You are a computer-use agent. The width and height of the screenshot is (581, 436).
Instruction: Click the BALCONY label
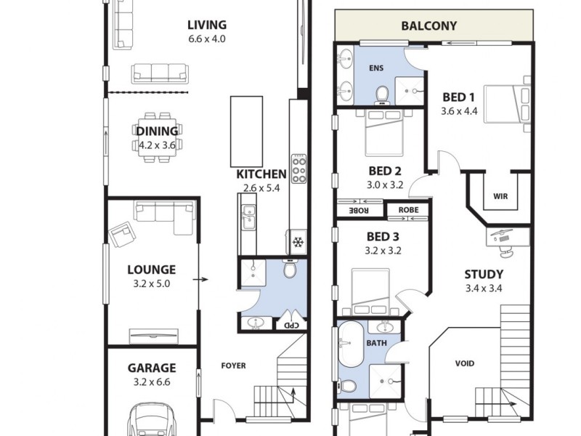coord(429,26)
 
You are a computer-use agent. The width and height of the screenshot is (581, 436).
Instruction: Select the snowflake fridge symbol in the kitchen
coord(297,242)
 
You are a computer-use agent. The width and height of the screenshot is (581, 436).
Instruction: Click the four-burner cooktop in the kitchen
coord(298,169)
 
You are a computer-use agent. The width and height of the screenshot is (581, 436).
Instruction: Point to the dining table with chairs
coord(157,132)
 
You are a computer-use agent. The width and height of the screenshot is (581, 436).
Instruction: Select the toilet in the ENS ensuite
coord(381,94)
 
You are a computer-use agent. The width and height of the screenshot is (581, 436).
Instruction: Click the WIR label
coord(500,196)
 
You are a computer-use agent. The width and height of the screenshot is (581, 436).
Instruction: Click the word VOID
coord(465,363)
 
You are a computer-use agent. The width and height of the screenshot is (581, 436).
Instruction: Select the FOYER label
coord(233,366)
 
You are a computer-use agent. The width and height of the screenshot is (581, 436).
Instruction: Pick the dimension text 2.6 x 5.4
coord(261,188)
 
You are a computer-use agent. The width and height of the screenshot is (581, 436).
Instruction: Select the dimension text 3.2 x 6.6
coord(152,382)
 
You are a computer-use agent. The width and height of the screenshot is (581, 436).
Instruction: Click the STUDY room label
coord(484,274)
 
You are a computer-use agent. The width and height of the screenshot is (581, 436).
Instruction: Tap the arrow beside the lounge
coord(206,278)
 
